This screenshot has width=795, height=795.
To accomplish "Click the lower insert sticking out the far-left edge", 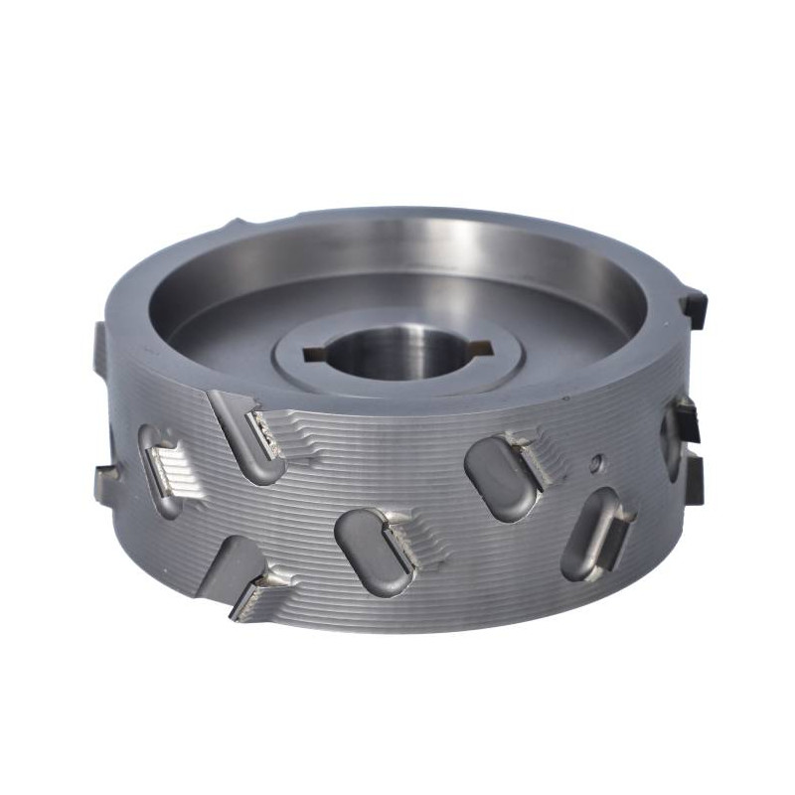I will coord(103,483).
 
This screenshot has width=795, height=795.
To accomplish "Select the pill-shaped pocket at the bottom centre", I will coord(373,552).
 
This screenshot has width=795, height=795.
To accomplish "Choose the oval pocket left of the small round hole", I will coord(502,477).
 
